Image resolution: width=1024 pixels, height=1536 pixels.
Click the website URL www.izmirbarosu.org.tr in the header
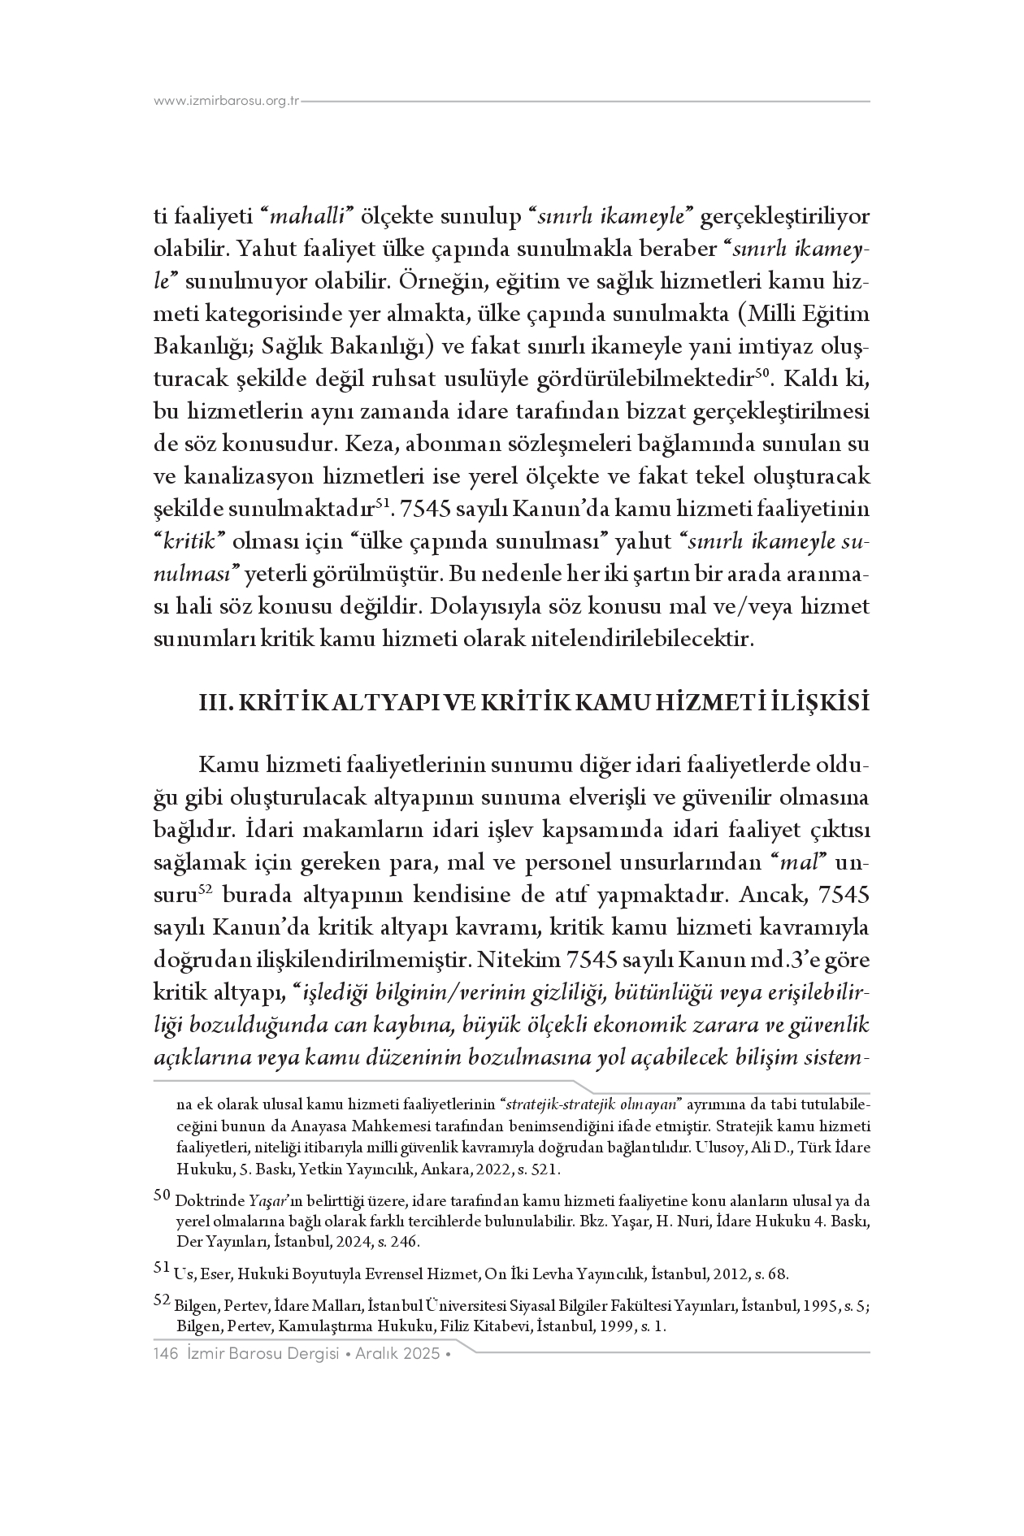(228, 102)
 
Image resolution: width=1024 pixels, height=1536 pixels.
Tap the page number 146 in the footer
(166, 1353)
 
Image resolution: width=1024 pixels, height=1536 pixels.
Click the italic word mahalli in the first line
(309, 218)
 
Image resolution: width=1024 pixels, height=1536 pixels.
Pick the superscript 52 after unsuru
(207, 891)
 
